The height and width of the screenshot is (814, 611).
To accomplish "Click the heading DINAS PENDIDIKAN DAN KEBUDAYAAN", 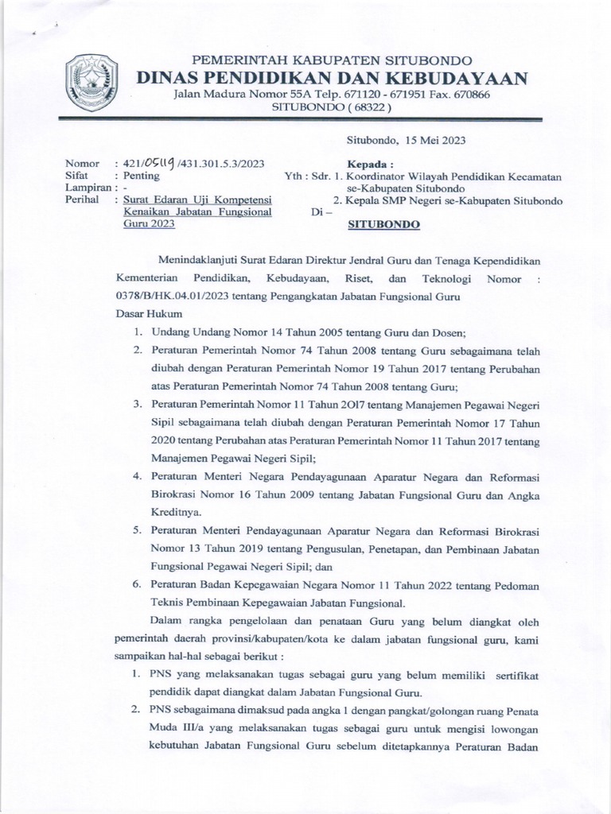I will tap(333, 77).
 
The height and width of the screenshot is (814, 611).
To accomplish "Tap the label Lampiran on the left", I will tap(87, 188).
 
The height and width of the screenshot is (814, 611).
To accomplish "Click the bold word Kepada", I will tap(372, 163).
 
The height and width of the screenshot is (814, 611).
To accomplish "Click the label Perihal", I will tap(84, 200).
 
